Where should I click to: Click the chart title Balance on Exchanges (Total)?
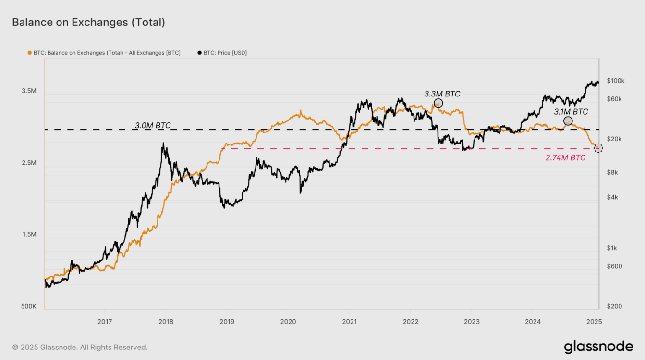[x=88, y=22]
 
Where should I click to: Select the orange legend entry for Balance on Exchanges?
[x=104, y=53]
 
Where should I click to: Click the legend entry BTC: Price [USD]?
[x=222, y=53]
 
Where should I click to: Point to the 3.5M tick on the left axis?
[x=29, y=91]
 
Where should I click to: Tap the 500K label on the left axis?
[x=28, y=306]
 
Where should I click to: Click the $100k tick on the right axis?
[x=615, y=81]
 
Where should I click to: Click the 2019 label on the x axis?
[x=227, y=321]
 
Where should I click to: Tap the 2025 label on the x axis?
[x=594, y=321]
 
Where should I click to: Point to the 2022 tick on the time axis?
[x=410, y=321]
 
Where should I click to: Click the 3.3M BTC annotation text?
[x=442, y=94]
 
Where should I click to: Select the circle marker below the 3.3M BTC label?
[x=438, y=103]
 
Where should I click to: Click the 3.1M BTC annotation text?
[x=571, y=112]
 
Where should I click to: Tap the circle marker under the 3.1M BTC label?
[x=568, y=121]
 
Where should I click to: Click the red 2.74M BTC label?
[x=565, y=157]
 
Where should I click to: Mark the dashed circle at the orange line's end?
[x=598, y=148]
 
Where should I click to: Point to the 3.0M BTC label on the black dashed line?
[x=152, y=125]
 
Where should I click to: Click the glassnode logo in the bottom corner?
[x=598, y=347]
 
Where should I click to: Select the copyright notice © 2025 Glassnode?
[x=80, y=347]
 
